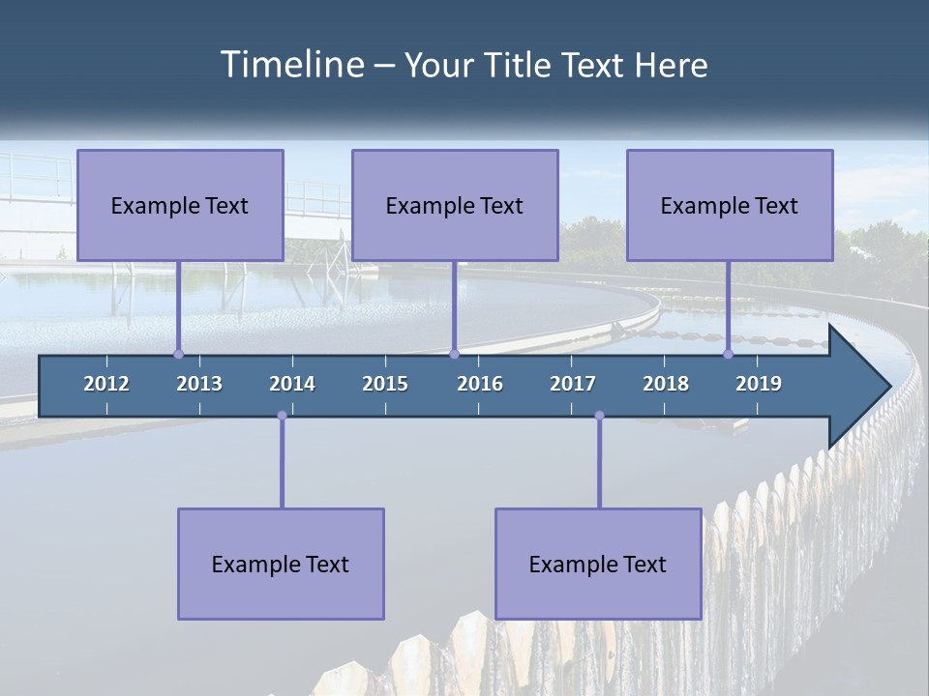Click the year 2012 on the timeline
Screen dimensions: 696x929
pos(106,384)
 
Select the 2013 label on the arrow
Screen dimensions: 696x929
pos(199,384)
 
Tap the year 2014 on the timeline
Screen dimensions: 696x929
pos(292,384)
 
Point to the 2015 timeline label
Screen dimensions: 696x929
pos(385,384)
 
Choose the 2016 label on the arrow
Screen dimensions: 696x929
pos(480,384)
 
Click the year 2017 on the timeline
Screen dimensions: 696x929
pos(573,384)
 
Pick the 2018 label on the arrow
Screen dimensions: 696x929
pos(666,384)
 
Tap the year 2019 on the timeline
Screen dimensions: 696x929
pos(759,384)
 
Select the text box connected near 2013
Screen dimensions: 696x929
pos(180,205)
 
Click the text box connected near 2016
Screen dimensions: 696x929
pos(455,205)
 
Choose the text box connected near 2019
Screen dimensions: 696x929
pos(730,205)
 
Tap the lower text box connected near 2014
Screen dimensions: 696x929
pos(281,564)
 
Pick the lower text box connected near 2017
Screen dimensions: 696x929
pos(598,564)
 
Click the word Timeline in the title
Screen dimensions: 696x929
pos(291,65)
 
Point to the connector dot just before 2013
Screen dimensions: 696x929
pos(178,354)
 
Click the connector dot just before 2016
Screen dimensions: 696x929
pos(454,354)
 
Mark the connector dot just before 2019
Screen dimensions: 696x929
pos(729,354)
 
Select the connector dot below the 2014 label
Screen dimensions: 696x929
pos(282,416)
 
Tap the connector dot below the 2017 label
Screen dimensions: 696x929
pos(599,416)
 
